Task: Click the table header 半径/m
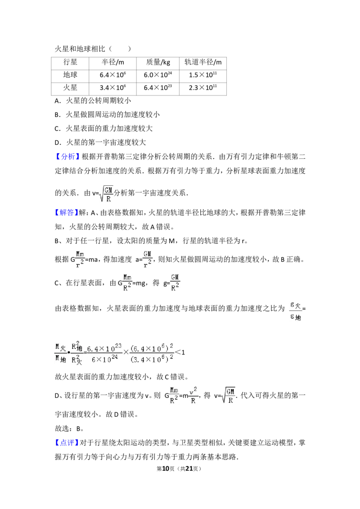pos(113,62)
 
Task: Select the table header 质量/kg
pos(158,62)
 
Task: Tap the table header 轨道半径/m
pos(203,62)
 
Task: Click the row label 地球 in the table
pos(70,75)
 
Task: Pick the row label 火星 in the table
pos(70,88)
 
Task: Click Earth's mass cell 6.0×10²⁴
pos(158,75)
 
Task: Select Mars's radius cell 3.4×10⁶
pos(113,88)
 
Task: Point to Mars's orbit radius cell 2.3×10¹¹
pos(203,88)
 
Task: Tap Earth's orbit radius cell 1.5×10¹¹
pos(203,75)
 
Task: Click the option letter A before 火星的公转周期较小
pos(57,101)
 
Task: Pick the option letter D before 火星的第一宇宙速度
pos(57,143)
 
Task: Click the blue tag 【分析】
pos(67,157)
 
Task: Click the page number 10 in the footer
pos(166,469)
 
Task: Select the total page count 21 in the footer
pos(189,469)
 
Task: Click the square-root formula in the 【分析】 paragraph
pos(106,193)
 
